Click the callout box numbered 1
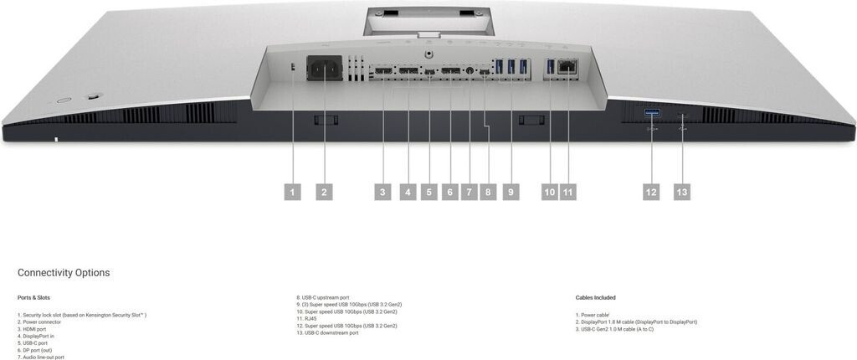tap(292, 192)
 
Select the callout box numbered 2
tap(325, 192)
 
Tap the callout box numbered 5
tap(428, 192)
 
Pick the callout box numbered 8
tap(490, 192)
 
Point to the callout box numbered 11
tap(568, 192)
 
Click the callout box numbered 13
tap(682, 192)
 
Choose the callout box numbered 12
tap(651, 192)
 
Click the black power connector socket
tap(325, 69)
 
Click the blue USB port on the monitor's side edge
tap(652, 112)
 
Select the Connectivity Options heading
tap(64, 273)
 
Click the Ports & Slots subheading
tap(33, 297)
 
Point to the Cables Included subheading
tap(596, 297)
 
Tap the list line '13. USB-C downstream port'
tap(327, 332)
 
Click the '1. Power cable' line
tap(593, 315)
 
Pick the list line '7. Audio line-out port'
tap(40, 357)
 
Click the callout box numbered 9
tap(511, 192)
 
